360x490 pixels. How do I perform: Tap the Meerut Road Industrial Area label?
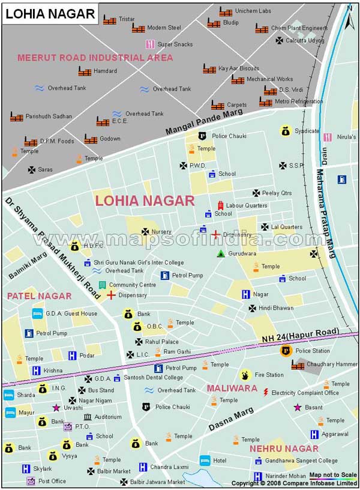[x=95, y=58]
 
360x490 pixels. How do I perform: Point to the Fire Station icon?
[x=245, y=375]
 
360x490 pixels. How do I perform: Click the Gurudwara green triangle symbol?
[x=221, y=253]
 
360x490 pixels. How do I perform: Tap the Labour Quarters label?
[x=247, y=205]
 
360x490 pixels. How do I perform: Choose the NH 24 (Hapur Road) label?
[x=301, y=336]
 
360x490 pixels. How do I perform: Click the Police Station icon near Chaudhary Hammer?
[x=286, y=351]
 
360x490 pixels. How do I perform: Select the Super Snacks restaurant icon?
[x=149, y=44]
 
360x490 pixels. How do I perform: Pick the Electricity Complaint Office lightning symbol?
[x=266, y=393]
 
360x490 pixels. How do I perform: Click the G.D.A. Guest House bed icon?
[x=37, y=313]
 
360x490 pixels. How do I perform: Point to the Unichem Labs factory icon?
[x=226, y=11]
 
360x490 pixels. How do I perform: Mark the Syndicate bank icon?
[x=285, y=130]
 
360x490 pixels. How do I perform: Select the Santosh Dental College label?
[x=153, y=378]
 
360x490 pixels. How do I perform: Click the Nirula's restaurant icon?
[x=328, y=137]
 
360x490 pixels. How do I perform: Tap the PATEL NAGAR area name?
[x=39, y=296]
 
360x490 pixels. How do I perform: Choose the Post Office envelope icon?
[x=30, y=481]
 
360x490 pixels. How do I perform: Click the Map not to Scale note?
[x=332, y=475]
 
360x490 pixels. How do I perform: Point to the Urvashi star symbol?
[x=56, y=408]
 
